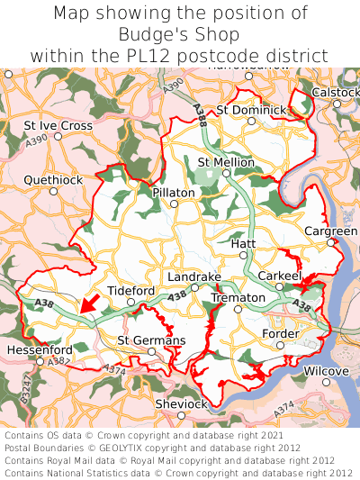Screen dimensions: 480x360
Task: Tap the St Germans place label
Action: coord(151,340)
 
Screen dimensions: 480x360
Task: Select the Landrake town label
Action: coord(193,276)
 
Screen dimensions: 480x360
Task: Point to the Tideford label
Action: coord(131,291)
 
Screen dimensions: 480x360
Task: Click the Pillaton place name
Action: coord(174,193)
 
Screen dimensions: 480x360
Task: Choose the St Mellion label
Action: coord(226,162)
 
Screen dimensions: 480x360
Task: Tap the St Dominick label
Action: coord(252,110)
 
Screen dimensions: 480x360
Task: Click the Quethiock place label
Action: coord(53,180)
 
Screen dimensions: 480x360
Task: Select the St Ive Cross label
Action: coord(58,125)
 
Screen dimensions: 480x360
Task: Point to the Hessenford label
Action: coord(39,349)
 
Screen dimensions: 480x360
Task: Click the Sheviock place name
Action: coord(181,404)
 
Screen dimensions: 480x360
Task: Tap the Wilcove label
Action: coord(325,371)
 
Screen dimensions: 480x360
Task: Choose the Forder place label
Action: coord(280,333)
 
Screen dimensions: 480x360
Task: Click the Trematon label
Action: coord(238,297)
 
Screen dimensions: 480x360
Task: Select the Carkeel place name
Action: coord(280,276)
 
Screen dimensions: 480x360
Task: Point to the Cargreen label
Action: coord(330,231)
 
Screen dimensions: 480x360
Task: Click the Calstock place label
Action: coord(336,93)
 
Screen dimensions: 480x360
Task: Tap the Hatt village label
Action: coord(244,244)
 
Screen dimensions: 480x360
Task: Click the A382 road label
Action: coord(59,360)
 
